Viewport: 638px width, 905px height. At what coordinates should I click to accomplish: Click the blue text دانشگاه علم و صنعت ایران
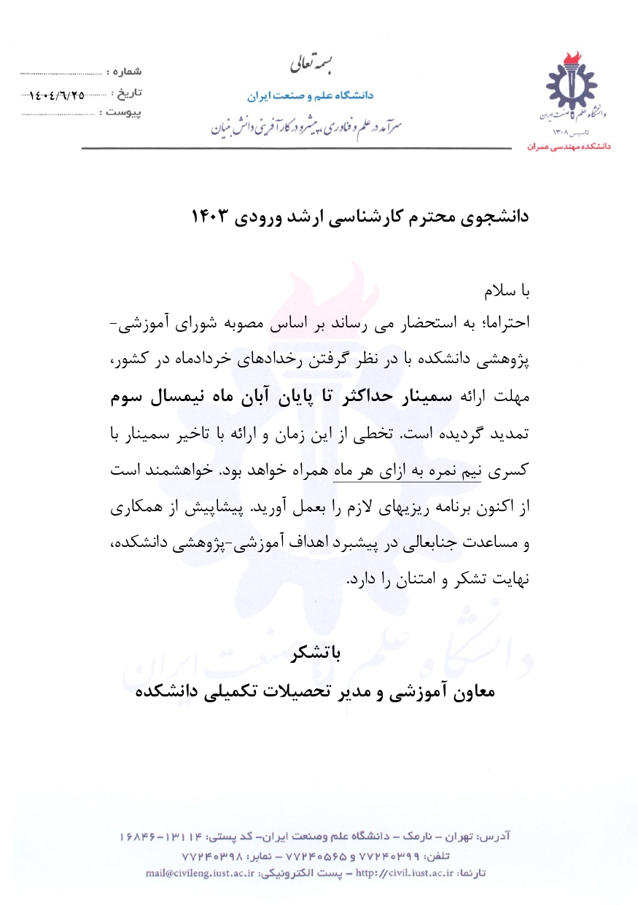pos(310,96)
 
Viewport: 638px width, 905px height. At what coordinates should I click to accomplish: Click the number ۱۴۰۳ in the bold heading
pos(211,217)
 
